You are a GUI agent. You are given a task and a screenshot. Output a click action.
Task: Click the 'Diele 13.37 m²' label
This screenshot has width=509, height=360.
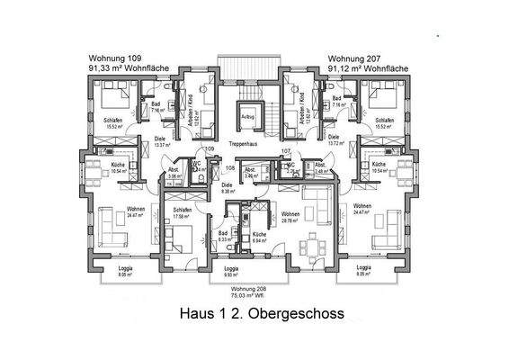163,141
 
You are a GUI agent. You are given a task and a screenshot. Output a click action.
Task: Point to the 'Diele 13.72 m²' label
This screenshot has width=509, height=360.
334,140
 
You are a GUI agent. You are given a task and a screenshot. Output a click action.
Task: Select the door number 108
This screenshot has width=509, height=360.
230,167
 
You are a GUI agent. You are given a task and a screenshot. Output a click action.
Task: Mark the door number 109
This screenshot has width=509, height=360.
210,148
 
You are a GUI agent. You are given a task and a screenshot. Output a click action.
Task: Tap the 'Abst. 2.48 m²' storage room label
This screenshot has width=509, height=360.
321,168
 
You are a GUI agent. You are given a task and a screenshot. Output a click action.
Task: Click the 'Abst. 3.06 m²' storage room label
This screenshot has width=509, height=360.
174,174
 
